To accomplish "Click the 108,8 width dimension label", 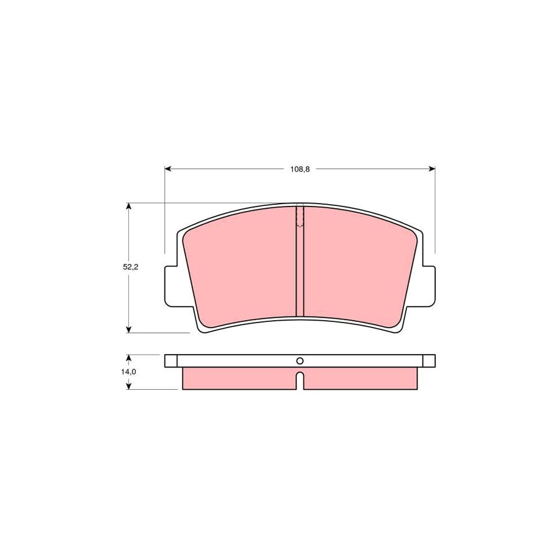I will tap(300, 169).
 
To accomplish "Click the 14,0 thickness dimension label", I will tap(128, 372).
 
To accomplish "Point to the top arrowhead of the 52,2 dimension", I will tap(128, 207).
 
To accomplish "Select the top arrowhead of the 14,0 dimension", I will tap(128, 358).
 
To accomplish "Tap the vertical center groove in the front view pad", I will tap(300, 271).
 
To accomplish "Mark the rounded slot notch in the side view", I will tap(300, 380).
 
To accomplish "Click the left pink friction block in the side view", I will tap(237, 379).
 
